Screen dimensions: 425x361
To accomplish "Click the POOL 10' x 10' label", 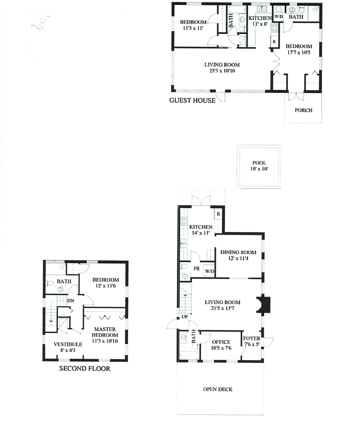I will coord(259,166).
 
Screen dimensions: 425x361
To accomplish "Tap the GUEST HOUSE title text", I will coord(192,100).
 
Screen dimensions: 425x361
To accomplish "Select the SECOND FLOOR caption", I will coord(85,368).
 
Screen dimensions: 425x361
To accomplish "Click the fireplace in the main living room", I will coord(264,304).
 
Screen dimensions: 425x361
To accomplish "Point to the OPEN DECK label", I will coord(218,389).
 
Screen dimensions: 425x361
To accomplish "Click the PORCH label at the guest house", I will coord(304,110).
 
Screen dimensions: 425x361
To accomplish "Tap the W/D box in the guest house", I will coord(279,17).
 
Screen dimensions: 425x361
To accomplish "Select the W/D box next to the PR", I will coord(210,271).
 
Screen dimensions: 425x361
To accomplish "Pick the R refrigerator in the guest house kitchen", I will coord(274,42).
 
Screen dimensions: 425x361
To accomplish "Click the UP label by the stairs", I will coord(185,316).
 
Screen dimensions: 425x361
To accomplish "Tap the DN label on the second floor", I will coord(71,301).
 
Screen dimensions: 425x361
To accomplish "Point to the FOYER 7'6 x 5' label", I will coord(251,341).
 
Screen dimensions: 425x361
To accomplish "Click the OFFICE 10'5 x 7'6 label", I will coord(221,345).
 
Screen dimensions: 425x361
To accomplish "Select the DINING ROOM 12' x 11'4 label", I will coord(238,255).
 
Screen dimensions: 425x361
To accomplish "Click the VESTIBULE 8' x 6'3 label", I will coord(68,347).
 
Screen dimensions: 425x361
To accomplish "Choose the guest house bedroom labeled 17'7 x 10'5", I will coord(298,49).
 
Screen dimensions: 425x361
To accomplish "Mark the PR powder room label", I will coord(197,269).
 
